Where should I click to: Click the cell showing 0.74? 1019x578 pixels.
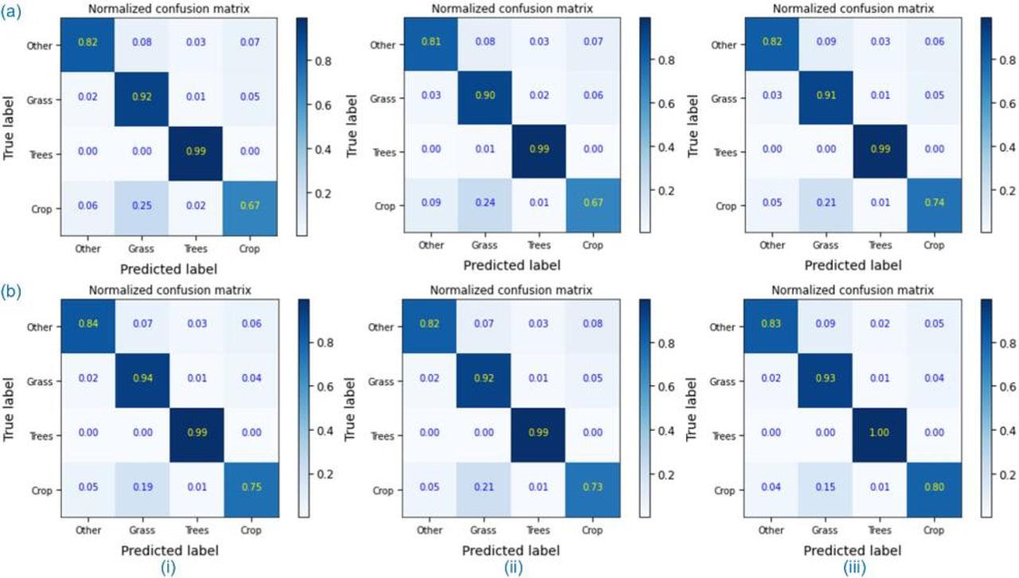(935, 205)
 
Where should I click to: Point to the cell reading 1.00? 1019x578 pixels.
(880, 435)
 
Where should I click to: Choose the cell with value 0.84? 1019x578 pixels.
(87, 327)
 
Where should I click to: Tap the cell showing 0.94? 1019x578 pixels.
(141, 381)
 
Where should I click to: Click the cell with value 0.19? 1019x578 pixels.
(141, 490)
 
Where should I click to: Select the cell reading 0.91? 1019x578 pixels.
(826, 99)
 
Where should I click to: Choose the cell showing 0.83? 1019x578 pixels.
(772, 327)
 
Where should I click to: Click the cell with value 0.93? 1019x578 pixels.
(826, 381)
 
